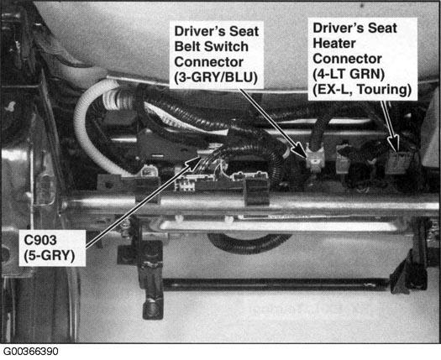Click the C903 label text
pyautogui.click(x=40, y=240)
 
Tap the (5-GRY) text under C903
pyautogui.click(x=50, y=255)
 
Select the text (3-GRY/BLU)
pyautogui.click(x=216, y=77)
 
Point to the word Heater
pyautogui.click(x=334, y=44)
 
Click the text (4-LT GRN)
pyautogui.click(x=349, y=74)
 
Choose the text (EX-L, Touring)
pyautogui.click(x=362, y=90)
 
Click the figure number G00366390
pyautogui.click(x=30, y=352)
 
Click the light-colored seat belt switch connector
pyautogui.click(x=316, y=158)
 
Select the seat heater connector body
pyautogui.click(x=396, y=163)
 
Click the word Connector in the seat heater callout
pyautogui.click(x=347, y=59)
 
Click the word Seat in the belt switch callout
pyautogui.click(x=244, y=31)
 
